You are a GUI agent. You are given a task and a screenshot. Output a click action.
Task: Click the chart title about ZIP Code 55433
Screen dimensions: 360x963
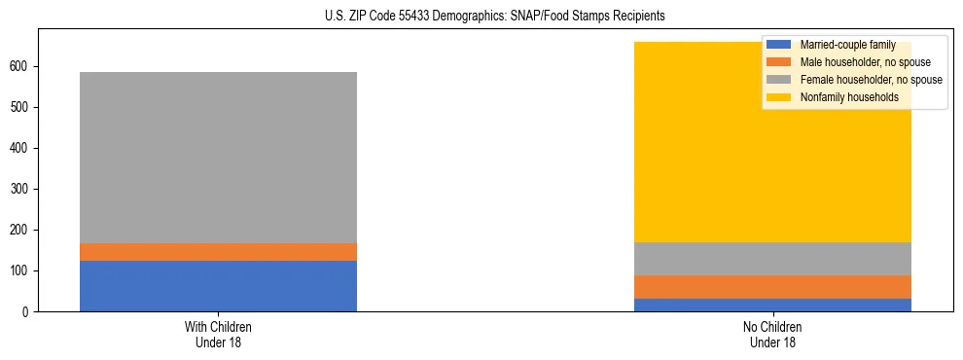tap(481, 17)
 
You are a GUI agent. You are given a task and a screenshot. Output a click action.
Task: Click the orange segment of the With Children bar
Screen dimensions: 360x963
tap(218, 252)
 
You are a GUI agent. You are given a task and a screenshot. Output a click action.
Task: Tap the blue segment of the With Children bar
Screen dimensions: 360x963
tap(218, 286)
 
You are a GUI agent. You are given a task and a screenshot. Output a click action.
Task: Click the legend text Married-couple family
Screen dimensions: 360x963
tap(848, 45)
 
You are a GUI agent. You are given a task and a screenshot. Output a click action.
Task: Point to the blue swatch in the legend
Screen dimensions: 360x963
tap(779, 45)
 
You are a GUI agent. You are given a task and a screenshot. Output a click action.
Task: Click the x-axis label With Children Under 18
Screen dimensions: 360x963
tap(218, 334)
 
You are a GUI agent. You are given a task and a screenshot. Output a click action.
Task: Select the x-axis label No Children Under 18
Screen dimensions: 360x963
tap(772, 334)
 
